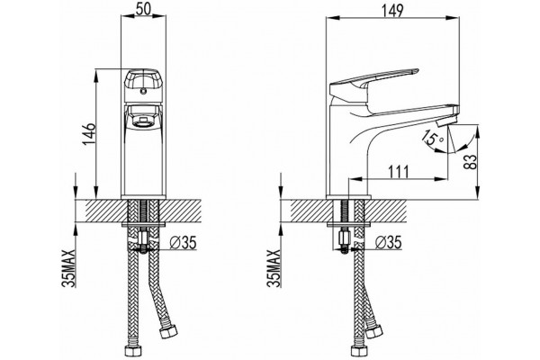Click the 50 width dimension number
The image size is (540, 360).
click(x=143, y=9)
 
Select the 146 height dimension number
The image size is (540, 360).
click(x=89, y=135)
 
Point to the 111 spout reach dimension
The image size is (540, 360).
click(x=399, y=171)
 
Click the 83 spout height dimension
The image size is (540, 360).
click(x=471, y=161)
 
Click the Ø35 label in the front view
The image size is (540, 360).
click(x=184, y=243)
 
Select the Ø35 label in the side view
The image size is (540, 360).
click(x=389, y=242)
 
